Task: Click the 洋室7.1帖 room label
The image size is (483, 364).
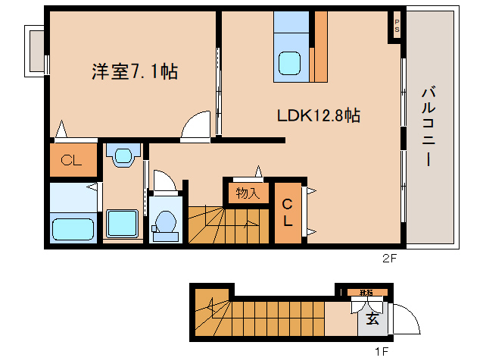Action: click(x=135, y=73)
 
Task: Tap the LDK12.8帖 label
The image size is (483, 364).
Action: click(x=317, y=115)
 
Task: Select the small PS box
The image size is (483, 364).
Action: click(x=396, y=26)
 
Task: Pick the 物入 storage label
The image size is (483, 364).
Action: click(x=247, y=193)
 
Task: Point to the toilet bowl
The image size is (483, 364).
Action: click(x=164, y=224)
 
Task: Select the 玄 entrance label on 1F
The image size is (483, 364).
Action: click(x=372, y=318)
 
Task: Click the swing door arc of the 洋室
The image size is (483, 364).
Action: click(x=196, y=125)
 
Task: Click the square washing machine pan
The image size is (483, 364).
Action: click(x=121, y=224)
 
